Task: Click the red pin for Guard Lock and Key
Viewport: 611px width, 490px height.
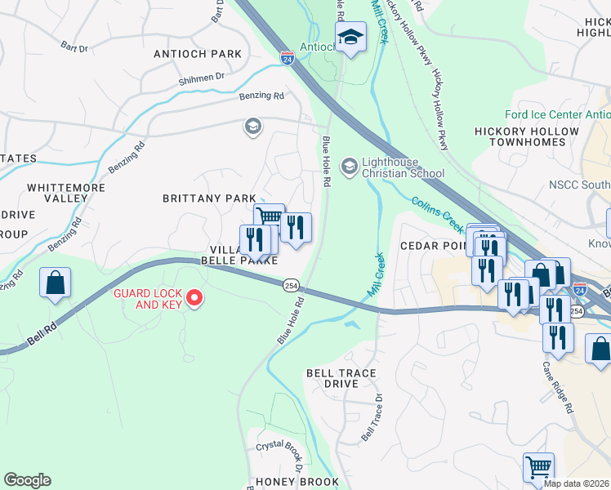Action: coord(194,299)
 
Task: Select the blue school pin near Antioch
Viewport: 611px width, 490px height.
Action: coord(350,38)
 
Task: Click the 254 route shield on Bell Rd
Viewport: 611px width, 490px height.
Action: coord(291,285)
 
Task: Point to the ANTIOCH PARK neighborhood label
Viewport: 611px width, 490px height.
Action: coord(198,54)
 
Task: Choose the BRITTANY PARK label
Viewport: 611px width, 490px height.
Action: coord(209,198)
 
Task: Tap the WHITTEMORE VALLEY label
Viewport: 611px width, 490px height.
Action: coord(57,193)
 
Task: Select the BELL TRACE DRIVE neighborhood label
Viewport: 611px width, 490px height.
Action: coord(341,378)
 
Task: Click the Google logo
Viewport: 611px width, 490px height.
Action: coord(27,480)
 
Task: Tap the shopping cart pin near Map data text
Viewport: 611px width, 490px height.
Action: coord(538,467)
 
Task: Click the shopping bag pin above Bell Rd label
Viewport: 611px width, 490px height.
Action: coord(55,283)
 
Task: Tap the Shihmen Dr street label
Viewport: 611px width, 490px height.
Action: coord(202,78)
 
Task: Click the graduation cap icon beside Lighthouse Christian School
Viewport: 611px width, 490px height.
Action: coord(349,167)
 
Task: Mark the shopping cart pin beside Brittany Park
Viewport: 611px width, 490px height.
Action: coord(269,217)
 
